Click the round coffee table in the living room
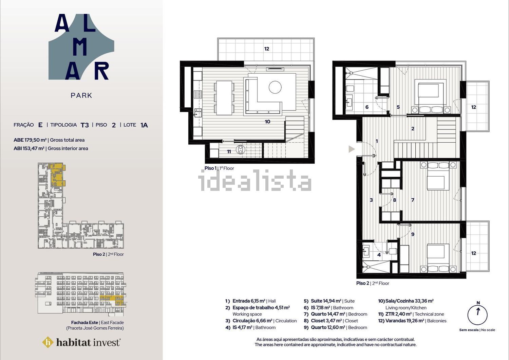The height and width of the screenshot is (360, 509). (x=275, y=87)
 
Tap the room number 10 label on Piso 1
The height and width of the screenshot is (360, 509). (x=267, y=122)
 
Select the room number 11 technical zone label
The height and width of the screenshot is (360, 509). (x=229, y=151)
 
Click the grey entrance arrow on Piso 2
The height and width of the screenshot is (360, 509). (x=352, y=149)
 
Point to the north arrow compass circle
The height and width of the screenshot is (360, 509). (x=477, y=315)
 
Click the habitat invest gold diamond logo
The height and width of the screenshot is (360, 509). (x=48, y=342)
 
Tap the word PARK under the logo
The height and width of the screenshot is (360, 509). (x=81, y=95)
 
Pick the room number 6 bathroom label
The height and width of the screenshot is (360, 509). (x=367, y=107)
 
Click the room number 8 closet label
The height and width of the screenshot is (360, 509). (x=394, y=200)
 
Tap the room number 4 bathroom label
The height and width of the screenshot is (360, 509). (x=379, y=255)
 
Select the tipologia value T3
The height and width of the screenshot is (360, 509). (x=85, y=125)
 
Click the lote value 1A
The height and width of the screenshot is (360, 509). (x=144, y=125)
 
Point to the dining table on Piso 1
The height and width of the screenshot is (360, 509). (x=224, y=98)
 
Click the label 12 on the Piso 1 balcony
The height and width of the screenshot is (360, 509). (x=266, y=49)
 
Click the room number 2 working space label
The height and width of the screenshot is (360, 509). (x=413, y=129)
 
